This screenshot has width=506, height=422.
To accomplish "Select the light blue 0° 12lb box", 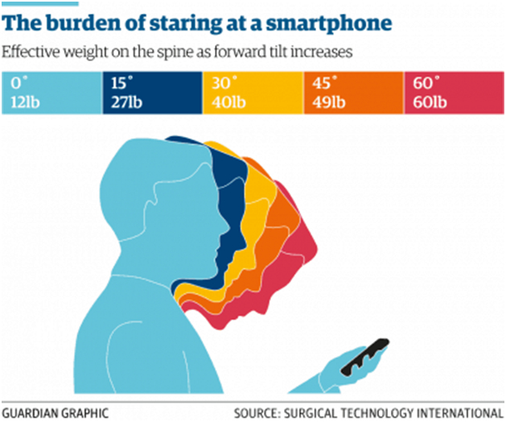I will coord(51,93).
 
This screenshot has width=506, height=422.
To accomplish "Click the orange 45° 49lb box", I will coord(353,93).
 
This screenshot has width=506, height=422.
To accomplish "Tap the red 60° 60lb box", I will coord(454,93).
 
